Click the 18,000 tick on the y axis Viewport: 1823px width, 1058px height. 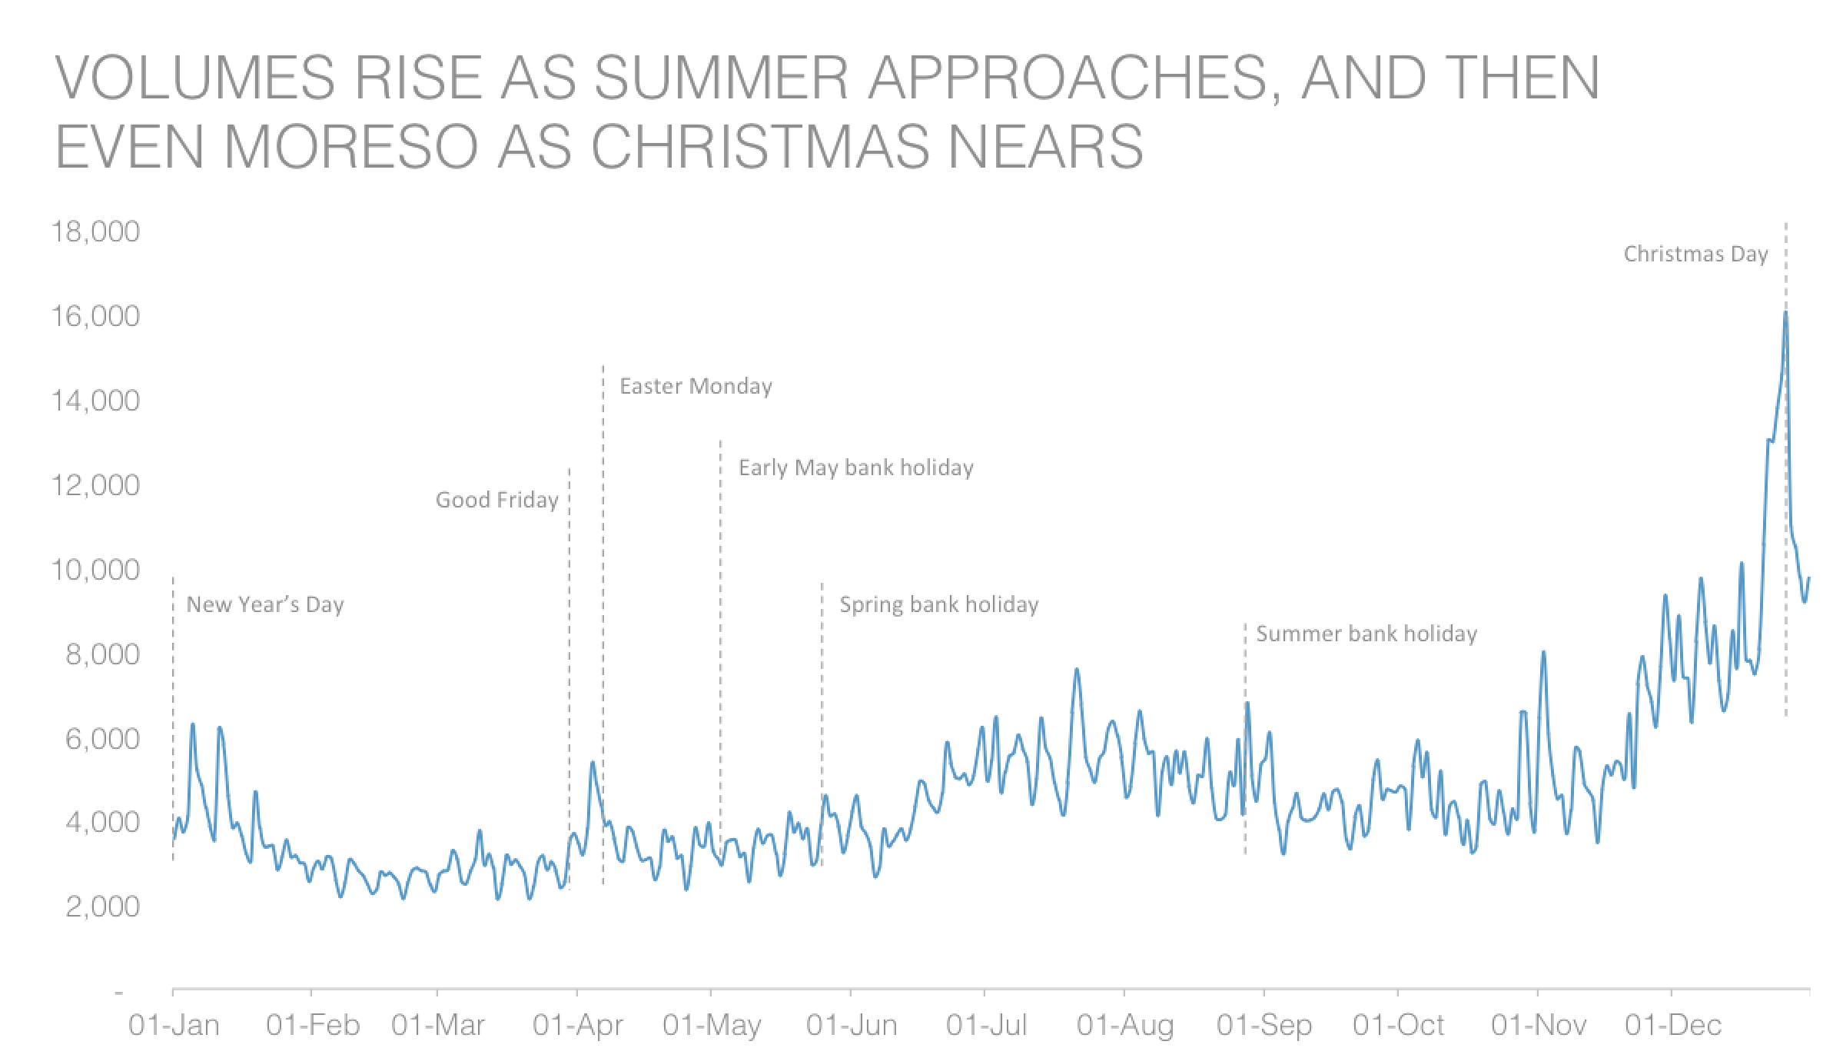[x=95, y=231]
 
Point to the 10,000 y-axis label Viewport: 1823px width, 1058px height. [x=95, y=570]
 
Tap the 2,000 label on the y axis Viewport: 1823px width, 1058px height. [x=102, y=907]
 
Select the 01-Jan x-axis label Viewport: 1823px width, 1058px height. [x=174, y=1025]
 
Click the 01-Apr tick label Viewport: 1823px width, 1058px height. [x=577, y=1025]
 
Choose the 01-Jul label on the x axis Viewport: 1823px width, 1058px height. [x=986, y=1025]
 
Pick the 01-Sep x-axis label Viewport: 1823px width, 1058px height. [x=1264, y=1025]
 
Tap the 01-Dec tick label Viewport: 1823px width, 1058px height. [x=1673, y=1025]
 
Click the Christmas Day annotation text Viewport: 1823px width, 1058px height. [x=1695, y=255]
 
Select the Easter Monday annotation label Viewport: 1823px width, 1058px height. [x=696, y=386]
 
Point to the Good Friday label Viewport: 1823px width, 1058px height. [x=496, y=500]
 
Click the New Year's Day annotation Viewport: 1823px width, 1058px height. [x=265, y=604]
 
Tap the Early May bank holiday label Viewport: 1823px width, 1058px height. [x=855, y=467]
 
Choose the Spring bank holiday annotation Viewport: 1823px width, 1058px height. [x=938, y=604]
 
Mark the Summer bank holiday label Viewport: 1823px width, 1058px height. [x=1366, y=634]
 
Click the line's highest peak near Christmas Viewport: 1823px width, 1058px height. [x=1785, y=313]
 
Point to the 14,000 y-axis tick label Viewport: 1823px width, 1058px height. [x=95, y=401]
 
